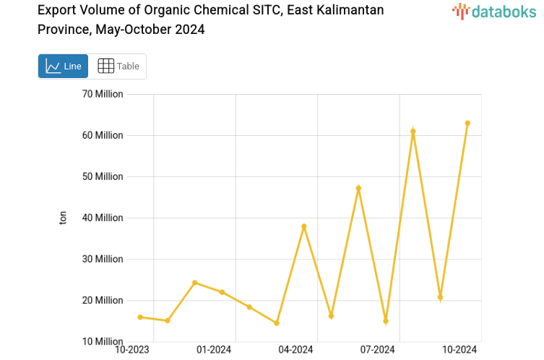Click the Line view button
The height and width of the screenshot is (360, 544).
click(x=64, y=66)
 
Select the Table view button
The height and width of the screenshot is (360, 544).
click(x=118, y=66)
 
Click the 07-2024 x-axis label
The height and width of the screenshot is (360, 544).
click(x=378, y=350)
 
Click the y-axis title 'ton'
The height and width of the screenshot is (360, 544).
click(x=63, y=218)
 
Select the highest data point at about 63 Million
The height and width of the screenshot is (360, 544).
click(x=467, y=123)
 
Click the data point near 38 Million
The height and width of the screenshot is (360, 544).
click(x=304, y=226)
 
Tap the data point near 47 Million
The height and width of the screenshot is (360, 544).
click(x=358, y=188)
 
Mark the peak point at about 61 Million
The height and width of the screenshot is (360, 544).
click(x=413, y=132)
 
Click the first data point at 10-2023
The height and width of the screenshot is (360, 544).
click(x=140, y=317)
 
